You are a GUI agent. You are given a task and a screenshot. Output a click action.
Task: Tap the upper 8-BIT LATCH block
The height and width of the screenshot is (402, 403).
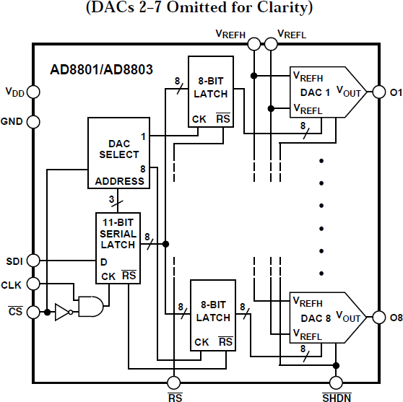[x=211, y=94]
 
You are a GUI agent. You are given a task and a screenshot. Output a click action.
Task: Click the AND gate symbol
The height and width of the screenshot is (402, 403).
[x=90, y=307]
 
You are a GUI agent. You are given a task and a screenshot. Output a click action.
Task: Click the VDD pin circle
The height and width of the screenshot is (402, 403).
[x=33, y=92]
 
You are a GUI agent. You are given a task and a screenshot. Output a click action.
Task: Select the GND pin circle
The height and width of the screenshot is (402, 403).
[x=33, y=121]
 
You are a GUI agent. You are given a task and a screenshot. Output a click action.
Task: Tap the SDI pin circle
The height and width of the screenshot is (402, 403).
[x=33, y=261]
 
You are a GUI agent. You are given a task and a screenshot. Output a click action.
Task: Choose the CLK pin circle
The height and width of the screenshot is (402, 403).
[x=33, y=285]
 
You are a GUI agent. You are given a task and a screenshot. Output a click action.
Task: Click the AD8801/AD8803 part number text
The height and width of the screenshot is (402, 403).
[x=102, y=71]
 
